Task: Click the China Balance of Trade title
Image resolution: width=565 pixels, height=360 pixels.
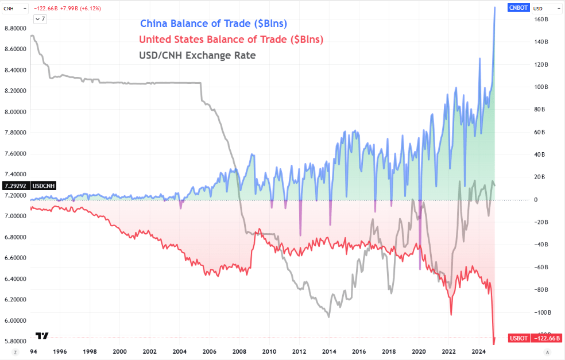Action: [214, 24]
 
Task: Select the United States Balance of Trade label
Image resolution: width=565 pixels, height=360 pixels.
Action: [231, 40]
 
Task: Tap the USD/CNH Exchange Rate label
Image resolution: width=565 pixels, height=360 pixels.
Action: [197, 56]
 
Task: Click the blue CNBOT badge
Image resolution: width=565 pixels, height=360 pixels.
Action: [518, 8]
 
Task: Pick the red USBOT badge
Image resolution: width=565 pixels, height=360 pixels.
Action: [518, 338]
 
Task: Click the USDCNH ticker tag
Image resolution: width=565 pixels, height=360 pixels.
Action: [44, 186]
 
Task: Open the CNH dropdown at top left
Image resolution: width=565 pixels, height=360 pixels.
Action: [14, 8]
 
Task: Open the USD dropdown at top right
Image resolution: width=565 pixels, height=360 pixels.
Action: [546, 8]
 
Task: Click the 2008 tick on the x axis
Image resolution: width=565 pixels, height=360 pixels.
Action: [239, 351]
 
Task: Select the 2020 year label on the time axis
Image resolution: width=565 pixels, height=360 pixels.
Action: [419, 351]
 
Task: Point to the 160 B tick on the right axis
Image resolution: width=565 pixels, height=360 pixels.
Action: [541, 20]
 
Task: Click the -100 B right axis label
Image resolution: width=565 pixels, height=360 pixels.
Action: [540, 312]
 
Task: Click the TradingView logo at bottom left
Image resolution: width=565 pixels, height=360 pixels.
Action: [42, 336]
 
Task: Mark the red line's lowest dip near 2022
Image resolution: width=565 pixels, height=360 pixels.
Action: [451, 314]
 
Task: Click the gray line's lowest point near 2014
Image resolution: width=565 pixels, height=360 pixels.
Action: [328, 316]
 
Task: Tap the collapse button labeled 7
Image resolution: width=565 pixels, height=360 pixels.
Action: [40, 19]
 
